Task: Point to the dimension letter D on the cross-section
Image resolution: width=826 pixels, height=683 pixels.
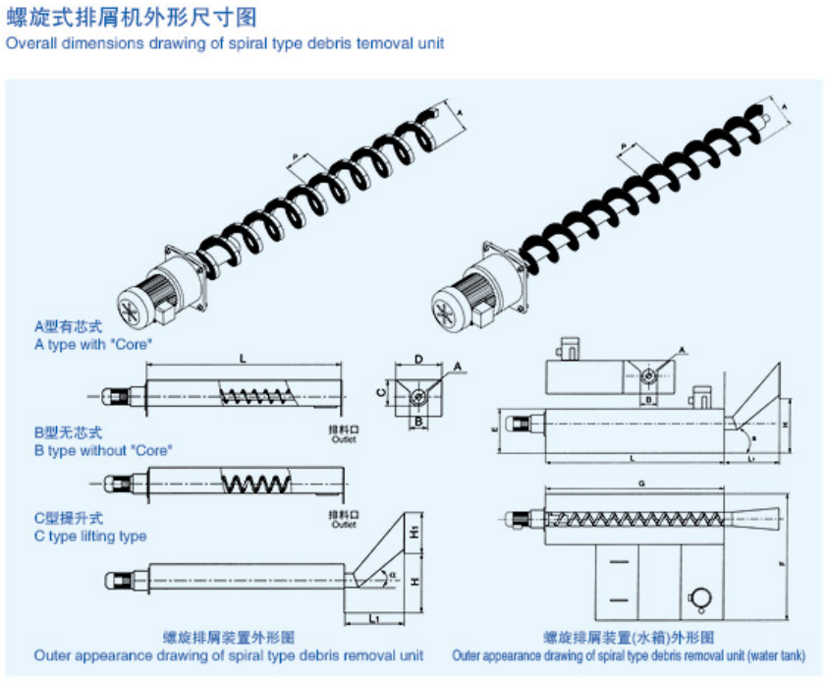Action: tap(418, 360)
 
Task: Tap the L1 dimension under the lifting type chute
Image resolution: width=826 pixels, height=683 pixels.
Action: tap(376, 618)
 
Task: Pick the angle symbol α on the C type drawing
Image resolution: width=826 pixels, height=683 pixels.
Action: tap(393, 575)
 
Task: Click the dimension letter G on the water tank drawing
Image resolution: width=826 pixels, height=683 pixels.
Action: tap(641, 484)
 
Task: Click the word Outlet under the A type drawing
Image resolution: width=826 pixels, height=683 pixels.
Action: tap(344, 439)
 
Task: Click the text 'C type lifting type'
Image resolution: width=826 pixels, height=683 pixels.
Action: tap(90, 537)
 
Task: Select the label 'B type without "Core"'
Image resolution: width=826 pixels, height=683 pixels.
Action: tap(103, 450)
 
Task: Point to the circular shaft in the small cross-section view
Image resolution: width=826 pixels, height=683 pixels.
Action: tap(419, 396)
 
